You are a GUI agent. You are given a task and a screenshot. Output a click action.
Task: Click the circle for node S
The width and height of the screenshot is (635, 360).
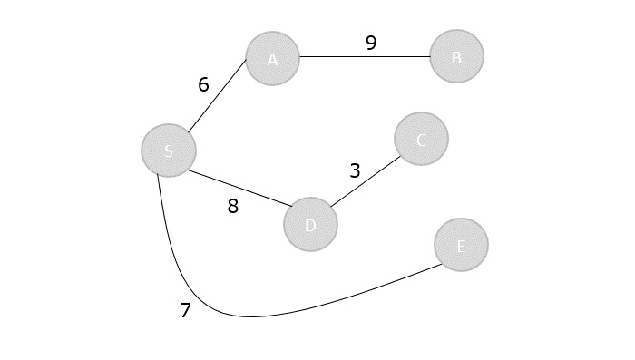(169, 150)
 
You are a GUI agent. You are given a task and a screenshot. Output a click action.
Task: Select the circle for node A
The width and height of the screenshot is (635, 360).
(272, 59)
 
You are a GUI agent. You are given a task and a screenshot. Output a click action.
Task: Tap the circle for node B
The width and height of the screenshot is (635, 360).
(456, 56)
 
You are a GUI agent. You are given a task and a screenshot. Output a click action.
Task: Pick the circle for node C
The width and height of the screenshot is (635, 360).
(421, 139)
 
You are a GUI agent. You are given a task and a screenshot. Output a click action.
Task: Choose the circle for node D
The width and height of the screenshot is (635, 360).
(310, 224)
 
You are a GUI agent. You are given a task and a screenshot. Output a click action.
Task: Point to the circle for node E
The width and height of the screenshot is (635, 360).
(461, 245)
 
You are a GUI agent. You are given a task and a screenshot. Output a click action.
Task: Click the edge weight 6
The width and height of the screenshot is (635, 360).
(203, 84)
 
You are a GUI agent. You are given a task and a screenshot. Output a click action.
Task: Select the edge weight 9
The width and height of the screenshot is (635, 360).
(371, 43)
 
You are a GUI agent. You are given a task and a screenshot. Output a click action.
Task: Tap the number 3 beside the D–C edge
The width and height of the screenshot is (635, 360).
(355, 170)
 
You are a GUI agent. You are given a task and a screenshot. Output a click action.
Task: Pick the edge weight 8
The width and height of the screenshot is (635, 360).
(233, 206)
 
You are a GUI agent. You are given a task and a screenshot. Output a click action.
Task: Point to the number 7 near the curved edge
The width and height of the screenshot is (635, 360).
(185, 310)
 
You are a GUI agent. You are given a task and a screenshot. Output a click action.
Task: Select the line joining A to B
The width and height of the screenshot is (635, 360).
(365, 56)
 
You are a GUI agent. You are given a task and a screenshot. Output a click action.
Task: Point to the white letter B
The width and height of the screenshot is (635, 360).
(456, 57)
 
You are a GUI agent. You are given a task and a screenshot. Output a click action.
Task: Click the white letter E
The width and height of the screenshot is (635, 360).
(461, 246)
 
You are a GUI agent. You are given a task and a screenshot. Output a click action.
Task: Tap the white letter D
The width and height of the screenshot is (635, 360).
(310, 225)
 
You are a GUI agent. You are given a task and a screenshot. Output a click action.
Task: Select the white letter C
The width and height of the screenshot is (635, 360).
(421, 140)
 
